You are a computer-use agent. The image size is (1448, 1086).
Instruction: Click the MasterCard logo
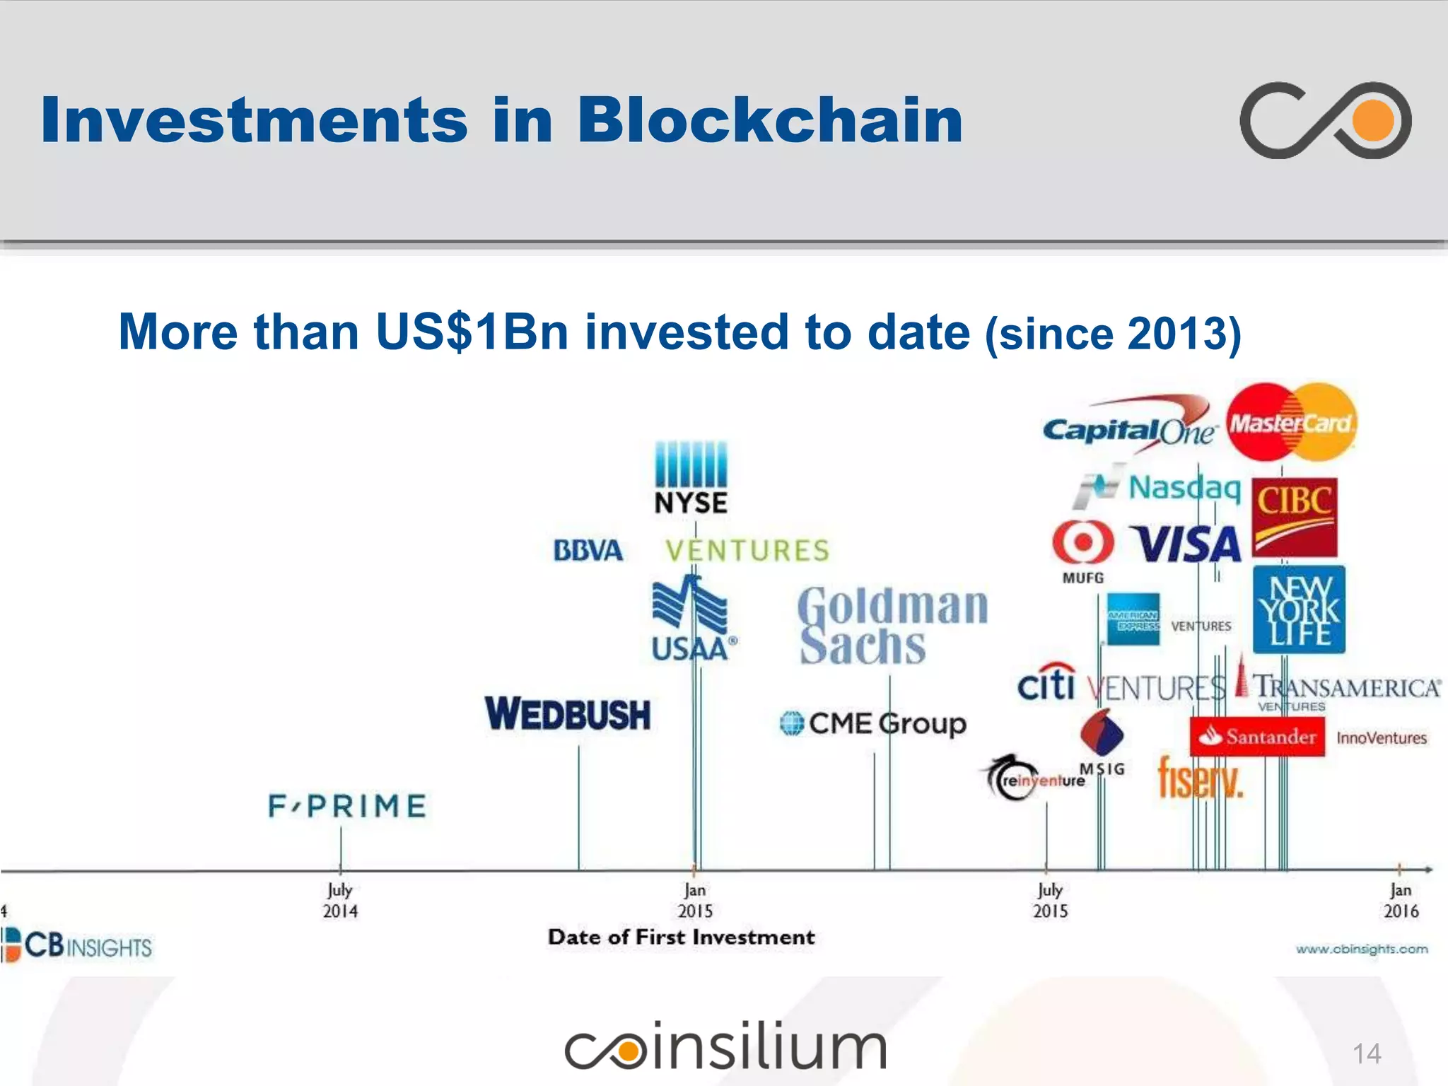(1291, 423)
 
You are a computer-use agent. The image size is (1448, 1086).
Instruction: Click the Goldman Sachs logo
(892, 626)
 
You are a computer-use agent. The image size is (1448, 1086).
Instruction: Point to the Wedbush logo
(568, 713)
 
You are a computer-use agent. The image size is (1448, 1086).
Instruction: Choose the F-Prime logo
(347, 806)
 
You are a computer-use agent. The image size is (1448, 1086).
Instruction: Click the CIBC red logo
(1295, 518)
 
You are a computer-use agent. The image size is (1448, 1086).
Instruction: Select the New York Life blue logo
(1299, 609)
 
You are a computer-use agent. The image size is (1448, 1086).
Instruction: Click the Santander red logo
(1257, 737)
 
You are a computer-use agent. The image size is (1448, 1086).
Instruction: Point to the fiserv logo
(1200, 778)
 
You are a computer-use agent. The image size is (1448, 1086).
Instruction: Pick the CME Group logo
(873, 723)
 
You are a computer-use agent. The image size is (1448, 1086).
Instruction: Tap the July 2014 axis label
(340, 900)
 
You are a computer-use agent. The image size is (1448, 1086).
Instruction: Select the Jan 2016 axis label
(1401, 900)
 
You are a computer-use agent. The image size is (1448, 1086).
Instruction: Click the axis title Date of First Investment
(681, 938)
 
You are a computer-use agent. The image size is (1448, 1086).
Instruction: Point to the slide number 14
(1366, 1053)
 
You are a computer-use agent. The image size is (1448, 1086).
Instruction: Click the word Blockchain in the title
(770, 120)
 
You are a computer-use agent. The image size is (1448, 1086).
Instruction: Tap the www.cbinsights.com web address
(1361, 949)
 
